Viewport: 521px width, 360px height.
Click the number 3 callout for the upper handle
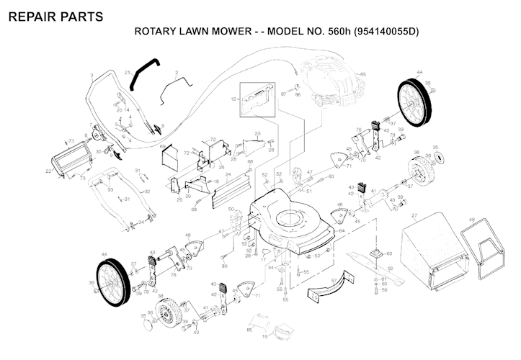tap(92, 75)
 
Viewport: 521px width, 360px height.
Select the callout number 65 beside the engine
tap(362, 74)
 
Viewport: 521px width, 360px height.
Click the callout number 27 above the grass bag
tap(414, 216)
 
